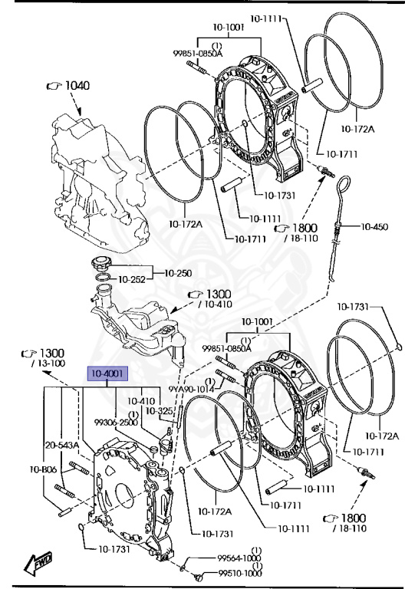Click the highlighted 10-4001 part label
click(x=108, y=373)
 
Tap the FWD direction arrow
click(x=38, y=564)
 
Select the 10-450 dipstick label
click(x=374, y=226)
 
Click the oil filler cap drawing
click(x=100, y=263)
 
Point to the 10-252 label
click(x=131, y=279)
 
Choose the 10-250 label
click(x=178, y=273)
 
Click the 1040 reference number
click(x=77, y=85)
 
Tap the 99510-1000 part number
click(x=240, y=573)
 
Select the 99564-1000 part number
click(x=239, y=558)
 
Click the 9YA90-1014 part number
click(x=191, y=389)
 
